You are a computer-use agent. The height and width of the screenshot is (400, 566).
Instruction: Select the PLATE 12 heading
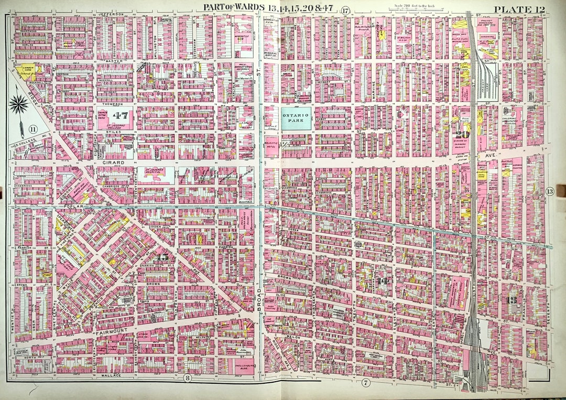click(x=519, y=9)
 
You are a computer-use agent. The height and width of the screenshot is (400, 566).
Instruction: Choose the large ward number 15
click(x=162, y=257)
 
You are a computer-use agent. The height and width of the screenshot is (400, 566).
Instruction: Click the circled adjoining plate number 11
click(x=33, y=129)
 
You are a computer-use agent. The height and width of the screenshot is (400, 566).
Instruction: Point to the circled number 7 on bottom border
click(x=365, y=383)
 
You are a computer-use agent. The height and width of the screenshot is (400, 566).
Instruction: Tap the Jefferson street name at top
click(x=110, y=13)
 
